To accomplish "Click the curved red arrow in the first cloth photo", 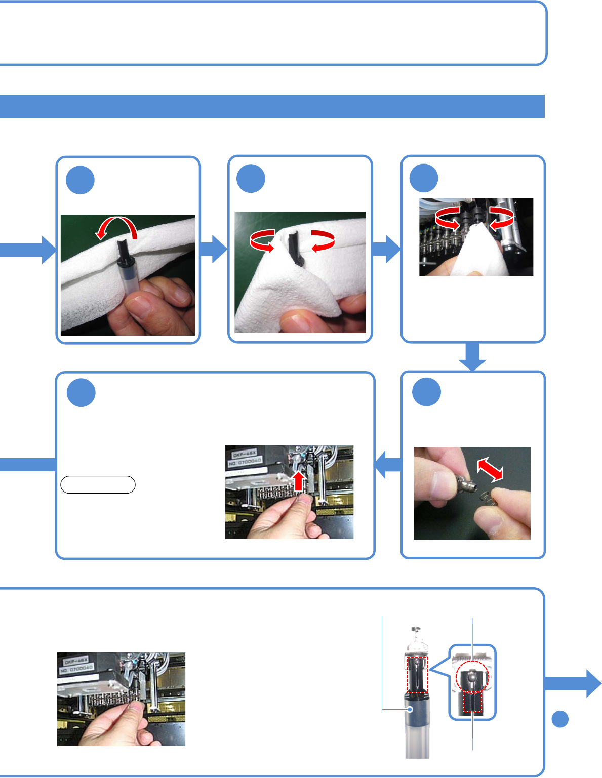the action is tap(116, 227).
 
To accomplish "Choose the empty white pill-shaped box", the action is tap(98, 485).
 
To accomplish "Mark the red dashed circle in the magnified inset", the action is tap(472, 676).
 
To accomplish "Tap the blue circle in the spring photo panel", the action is tap(426, 392).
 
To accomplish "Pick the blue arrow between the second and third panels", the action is tap(386, 249).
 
